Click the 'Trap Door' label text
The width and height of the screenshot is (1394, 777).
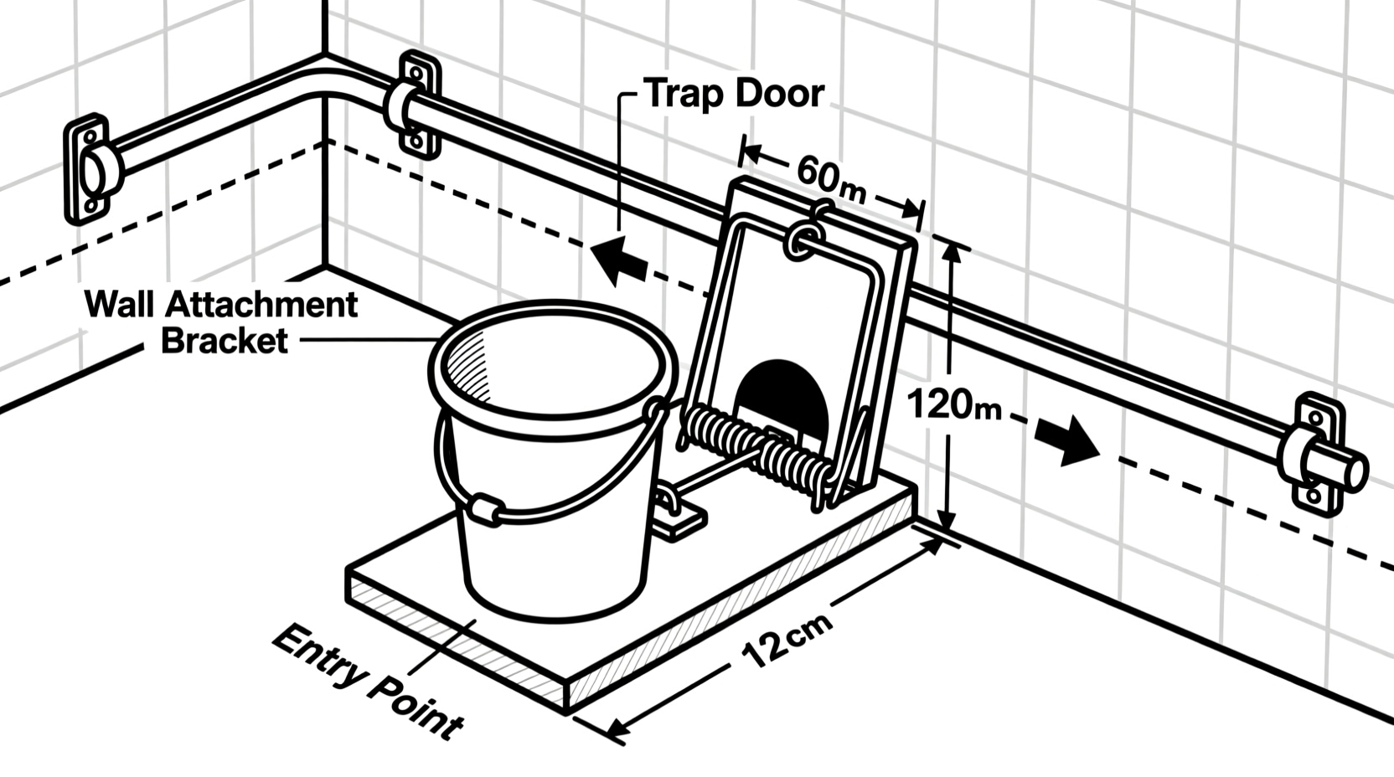click(734, 93)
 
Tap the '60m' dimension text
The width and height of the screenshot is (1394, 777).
click(830, 182)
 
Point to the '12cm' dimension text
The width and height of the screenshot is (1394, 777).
click(787, 641)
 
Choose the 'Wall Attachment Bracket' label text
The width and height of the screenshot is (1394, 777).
click(222, 322)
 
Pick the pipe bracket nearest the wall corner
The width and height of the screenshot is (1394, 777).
click(416, 104)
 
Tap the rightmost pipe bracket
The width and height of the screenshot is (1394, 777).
click(1314, 453)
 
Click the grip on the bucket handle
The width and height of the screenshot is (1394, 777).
click(483, 508)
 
